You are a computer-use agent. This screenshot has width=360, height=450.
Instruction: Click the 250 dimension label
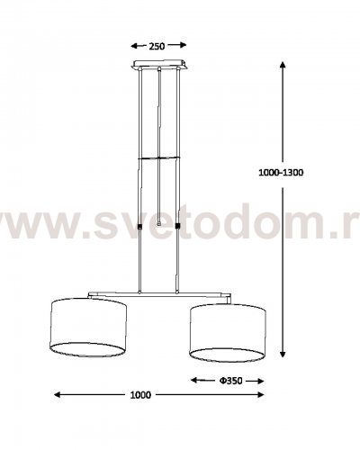[157, 46]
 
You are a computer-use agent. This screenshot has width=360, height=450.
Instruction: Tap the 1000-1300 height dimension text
[281, 173]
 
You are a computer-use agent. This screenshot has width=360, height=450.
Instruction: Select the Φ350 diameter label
[230, 381]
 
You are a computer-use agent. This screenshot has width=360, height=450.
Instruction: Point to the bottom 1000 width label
[140, 395]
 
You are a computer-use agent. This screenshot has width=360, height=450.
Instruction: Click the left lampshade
[88, 328]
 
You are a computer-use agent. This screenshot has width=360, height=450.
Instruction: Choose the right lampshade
[228, 333]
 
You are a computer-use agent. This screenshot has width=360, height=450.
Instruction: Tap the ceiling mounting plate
[160, 64]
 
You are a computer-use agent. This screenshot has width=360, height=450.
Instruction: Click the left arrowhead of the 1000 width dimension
[58, 395]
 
